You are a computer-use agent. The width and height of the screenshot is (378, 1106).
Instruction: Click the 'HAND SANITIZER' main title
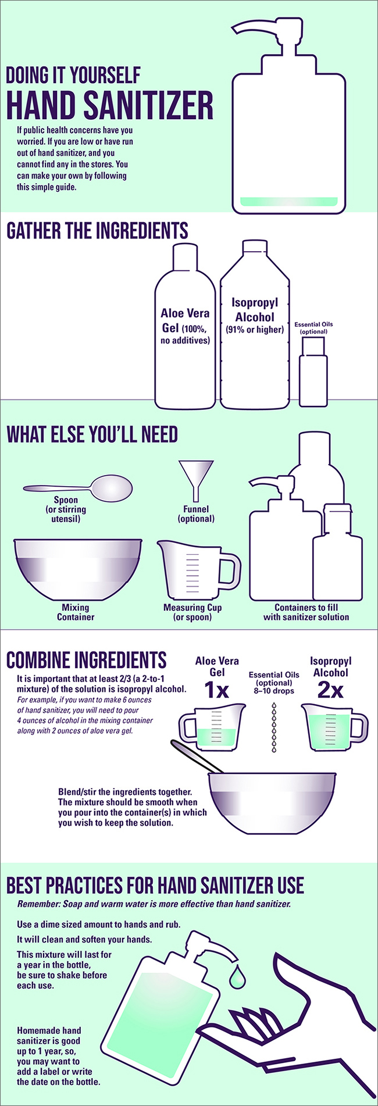point(109,105)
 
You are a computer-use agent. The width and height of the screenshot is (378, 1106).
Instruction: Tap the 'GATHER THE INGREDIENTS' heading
point(97,231)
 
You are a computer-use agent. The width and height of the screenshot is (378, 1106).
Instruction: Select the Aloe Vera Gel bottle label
point(185,326)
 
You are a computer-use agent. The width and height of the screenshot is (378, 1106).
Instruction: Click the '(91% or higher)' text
point(255,330)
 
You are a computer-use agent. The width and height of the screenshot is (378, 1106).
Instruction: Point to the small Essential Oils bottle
point(313,372)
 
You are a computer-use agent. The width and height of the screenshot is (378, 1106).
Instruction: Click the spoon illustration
point(78,487)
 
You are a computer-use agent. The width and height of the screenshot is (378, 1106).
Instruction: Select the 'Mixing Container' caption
point(76,612)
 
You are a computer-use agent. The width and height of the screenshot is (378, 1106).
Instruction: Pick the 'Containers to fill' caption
point(306,608)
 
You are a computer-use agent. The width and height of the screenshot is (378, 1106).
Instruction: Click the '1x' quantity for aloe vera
point(216,690)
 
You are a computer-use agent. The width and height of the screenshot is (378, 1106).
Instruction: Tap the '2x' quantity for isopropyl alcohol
point(330,690)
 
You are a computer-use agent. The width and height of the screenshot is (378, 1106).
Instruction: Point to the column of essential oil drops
point(274,727)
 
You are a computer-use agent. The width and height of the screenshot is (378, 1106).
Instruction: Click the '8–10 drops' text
point(274,691)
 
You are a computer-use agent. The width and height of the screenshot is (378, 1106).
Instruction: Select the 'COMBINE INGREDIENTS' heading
point(86,660)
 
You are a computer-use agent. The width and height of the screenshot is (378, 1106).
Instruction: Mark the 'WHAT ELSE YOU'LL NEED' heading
point(92,434)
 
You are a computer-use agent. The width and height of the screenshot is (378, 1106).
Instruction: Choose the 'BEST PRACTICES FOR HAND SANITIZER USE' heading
point(155,886)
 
